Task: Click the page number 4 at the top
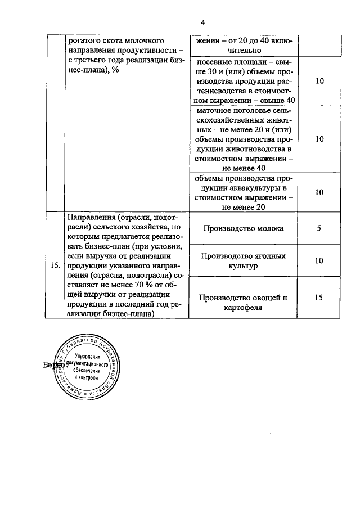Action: point(202,22)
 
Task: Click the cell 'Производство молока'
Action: point(244,228)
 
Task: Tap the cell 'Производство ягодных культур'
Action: point(244,260)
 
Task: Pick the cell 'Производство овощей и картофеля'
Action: point(244,303)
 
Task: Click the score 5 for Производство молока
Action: point(319,228)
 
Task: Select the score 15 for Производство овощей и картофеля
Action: point(319,298)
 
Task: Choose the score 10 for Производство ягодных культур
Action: point(319,260)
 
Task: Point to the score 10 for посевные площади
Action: point(319,80)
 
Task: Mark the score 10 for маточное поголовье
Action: point(319,139)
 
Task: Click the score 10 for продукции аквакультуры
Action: point(319,192)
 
